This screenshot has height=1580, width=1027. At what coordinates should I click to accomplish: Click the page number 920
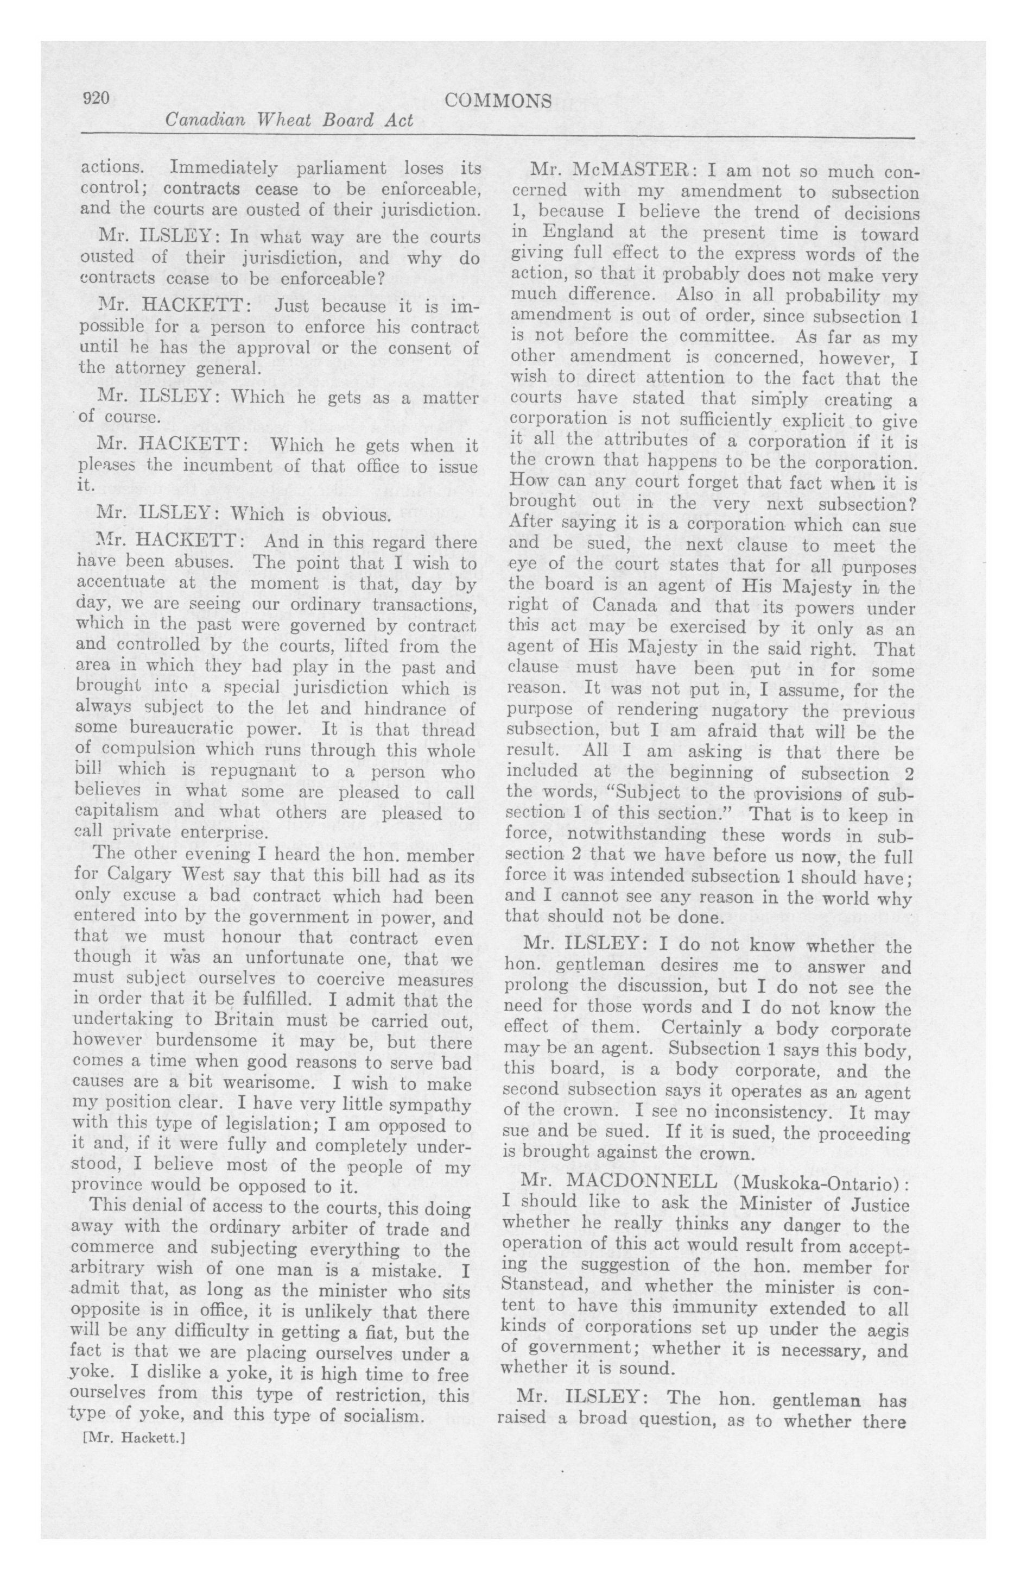(95, 99)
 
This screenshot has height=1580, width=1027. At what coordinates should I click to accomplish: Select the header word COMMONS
(498, 101)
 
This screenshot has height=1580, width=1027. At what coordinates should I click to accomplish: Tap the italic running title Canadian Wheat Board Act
(289, 121)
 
